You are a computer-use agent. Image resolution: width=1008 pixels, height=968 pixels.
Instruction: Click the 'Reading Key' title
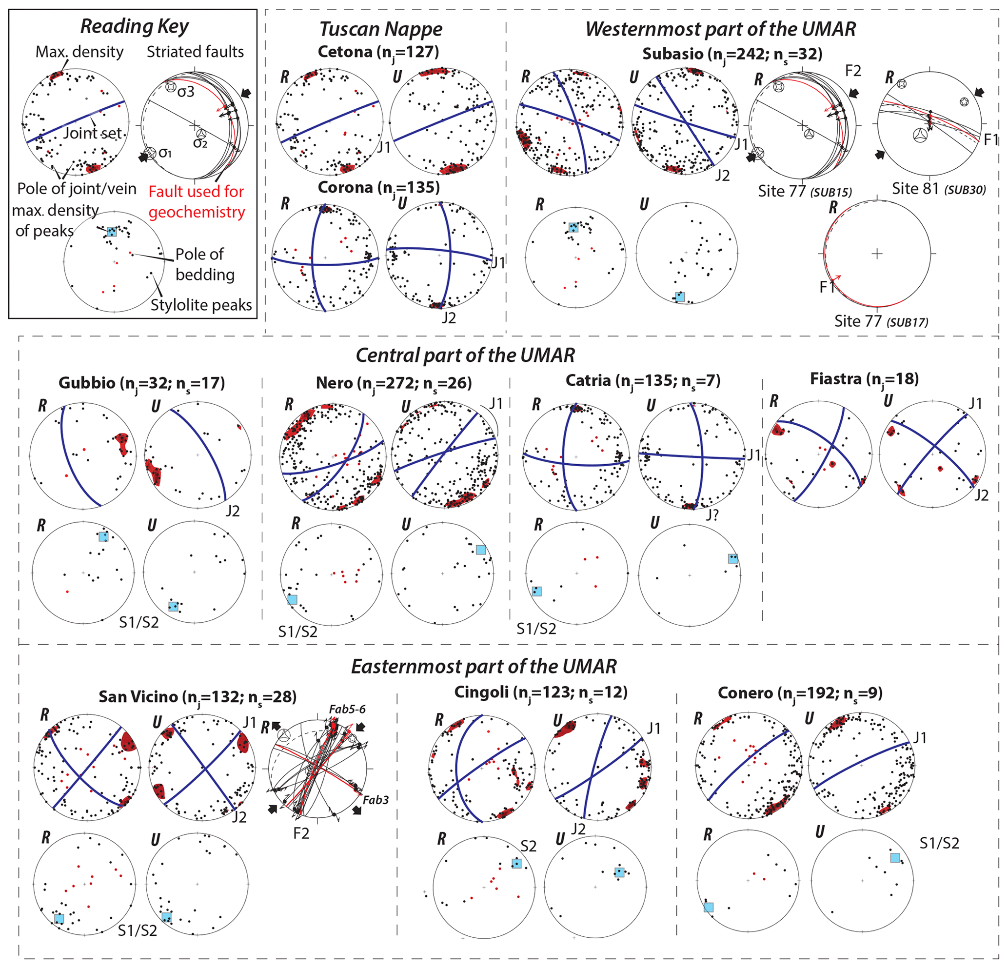(x=134, y=26)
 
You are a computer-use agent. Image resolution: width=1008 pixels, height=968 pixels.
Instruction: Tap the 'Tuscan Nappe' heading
(x=380, y=29)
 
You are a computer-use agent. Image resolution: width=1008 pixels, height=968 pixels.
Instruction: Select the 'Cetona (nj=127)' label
(x=378, y=52)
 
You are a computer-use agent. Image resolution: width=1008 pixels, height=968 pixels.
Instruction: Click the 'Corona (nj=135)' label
(x=378, y=187)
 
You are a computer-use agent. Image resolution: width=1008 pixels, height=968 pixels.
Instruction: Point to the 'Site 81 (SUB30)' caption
(x=939, y=189)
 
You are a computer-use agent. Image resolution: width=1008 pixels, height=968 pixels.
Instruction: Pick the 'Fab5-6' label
(x=347, y=709)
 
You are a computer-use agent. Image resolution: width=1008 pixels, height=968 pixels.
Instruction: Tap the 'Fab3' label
(x=376, y=800)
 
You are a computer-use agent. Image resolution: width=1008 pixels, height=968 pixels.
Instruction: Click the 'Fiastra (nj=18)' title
(x=864, y=379)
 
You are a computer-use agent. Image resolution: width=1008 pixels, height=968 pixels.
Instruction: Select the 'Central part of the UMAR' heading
(x=465, y=356)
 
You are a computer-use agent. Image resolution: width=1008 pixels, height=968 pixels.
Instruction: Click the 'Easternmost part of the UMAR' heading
(x=483, y=667)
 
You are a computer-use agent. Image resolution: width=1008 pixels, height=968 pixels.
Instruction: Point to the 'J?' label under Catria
(x=712, y=515)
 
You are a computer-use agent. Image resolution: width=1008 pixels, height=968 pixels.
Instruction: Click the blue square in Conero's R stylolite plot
(x=708, y=908)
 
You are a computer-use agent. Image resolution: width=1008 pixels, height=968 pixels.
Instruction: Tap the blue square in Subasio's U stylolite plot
(x=680, y=297)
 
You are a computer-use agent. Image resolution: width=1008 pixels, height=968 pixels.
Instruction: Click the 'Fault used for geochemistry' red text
(x=197, y=201)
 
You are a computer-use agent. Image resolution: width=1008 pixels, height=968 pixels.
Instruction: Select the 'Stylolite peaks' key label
(x=201, y=305)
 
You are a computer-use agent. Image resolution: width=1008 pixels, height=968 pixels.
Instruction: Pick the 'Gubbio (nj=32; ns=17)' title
(x=141, y=383)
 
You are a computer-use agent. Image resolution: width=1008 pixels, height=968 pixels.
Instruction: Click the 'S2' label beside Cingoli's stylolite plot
(x=528, y=846)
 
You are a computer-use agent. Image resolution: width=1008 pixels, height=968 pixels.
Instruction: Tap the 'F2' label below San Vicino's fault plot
(x=301, y=833)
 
